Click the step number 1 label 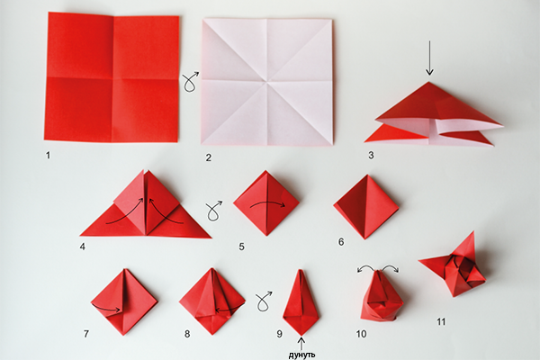(x=48, y=156)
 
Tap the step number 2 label (x=209, y=157)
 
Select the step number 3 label (x=371, y=156)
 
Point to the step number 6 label (x=341, y=242)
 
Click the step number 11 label (x=441, y=322)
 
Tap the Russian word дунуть (x=301, y=355)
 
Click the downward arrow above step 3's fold (x=429, y=58)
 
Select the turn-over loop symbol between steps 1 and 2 (x=191, y=82)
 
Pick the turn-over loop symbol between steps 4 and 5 (x=214, y=211)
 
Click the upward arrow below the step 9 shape (x=301, y=344)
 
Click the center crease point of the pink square (x=267, y=82)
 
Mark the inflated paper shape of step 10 (x=379, y=296)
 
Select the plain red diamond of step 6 (x=366, y=207)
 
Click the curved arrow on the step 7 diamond (x=106, y=308)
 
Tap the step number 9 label (x=279, y=334)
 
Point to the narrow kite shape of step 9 (x=301, y=302)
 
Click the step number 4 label (x=82, y=247)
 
